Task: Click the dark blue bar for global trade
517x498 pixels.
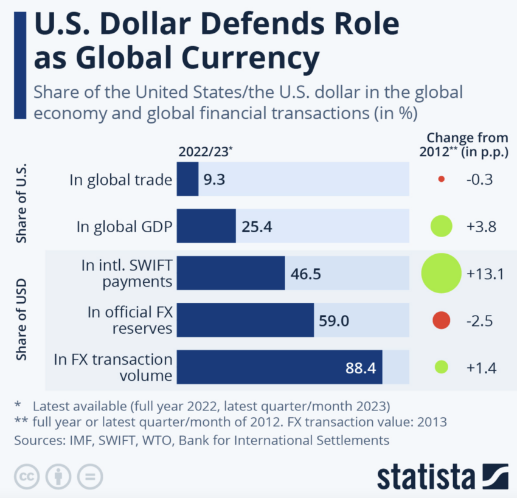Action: click(187, 179)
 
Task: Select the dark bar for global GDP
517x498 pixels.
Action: click(206, 226)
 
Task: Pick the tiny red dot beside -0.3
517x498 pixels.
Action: click(442, 179)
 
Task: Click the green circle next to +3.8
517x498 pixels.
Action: click(441, 226)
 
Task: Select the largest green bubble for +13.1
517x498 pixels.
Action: click(441, 273)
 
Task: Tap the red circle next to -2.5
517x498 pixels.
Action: click(441, 320)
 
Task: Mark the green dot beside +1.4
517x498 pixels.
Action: click(442, 367)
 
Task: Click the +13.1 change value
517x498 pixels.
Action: click(485, 274)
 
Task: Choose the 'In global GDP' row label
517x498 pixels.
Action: click(125, 227)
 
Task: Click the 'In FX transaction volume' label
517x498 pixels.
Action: click(113, 367)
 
